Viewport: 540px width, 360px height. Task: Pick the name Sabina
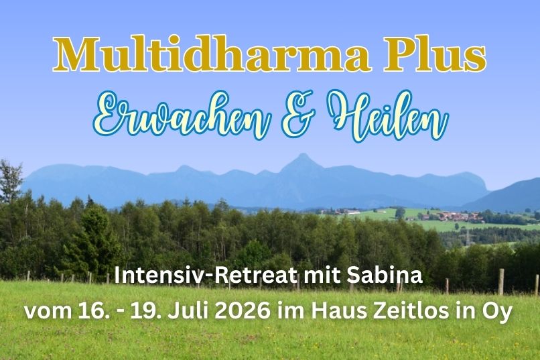click(393, 276)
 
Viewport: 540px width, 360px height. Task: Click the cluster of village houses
click(460, 217)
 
